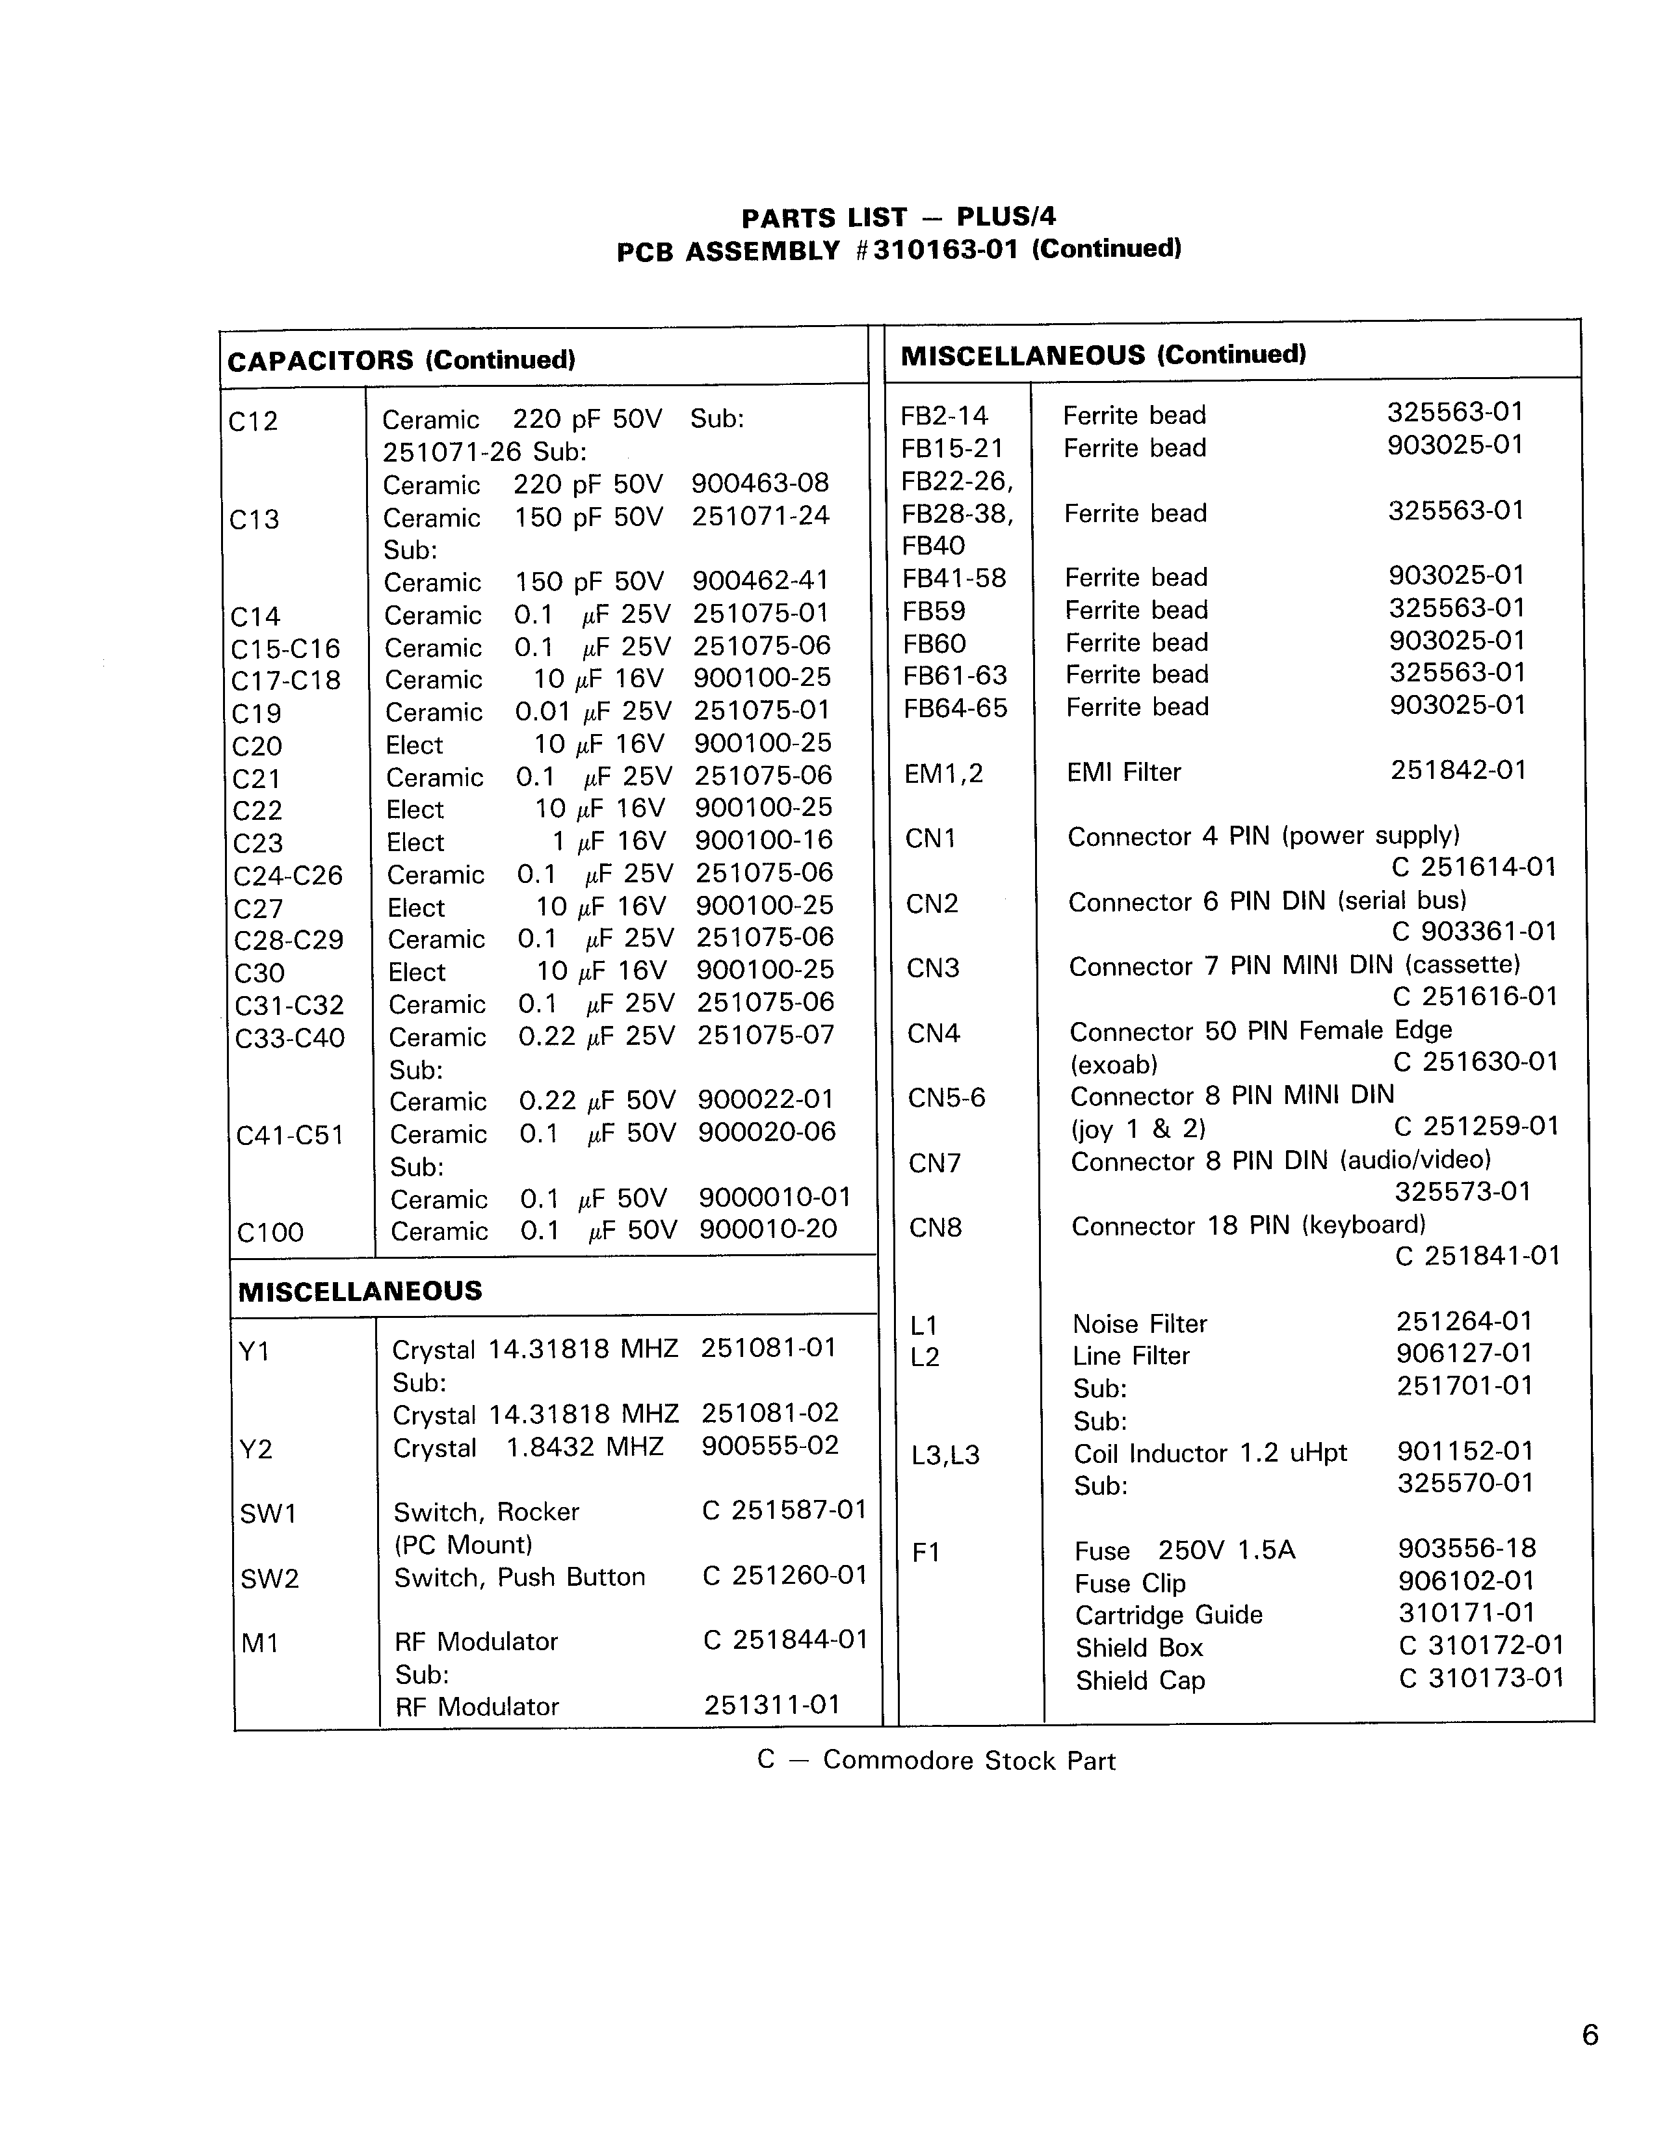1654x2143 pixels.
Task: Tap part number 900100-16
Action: point(763,841)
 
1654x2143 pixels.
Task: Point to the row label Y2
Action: point(256,1449)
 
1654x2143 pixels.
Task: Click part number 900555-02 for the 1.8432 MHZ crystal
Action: point(770,1445)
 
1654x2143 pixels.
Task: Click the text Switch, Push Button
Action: point(519,1577)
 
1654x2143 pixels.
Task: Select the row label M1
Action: point(260,1642)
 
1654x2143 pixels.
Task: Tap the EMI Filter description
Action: point(1123,772)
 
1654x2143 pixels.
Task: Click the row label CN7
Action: point(934,1164)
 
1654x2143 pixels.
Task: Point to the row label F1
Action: point(926,1552)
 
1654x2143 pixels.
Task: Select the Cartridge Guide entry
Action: point(1168,1615)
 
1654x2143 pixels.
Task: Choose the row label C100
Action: point(270,1233)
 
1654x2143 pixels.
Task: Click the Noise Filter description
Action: point(1139,1324)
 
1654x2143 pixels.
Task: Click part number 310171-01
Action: point(1465,1612)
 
